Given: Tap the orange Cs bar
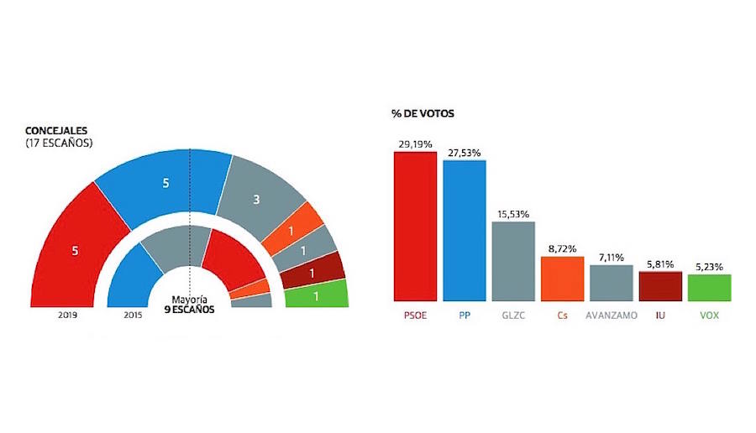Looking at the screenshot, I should coord(562,279).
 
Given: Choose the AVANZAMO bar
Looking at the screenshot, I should coord(611,283).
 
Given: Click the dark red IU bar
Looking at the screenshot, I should coord(660,286).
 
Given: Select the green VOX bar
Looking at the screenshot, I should coord(709,288).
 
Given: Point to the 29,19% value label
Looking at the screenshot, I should coord(415,144).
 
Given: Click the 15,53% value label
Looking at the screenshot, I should coord(512,214).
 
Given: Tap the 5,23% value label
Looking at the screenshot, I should coord(709,267).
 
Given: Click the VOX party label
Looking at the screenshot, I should coord(709,316).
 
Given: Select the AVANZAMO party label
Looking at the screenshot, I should coord(611,316).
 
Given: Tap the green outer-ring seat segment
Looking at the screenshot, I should coord(316,295).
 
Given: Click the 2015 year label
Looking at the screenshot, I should coord(133,315).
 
